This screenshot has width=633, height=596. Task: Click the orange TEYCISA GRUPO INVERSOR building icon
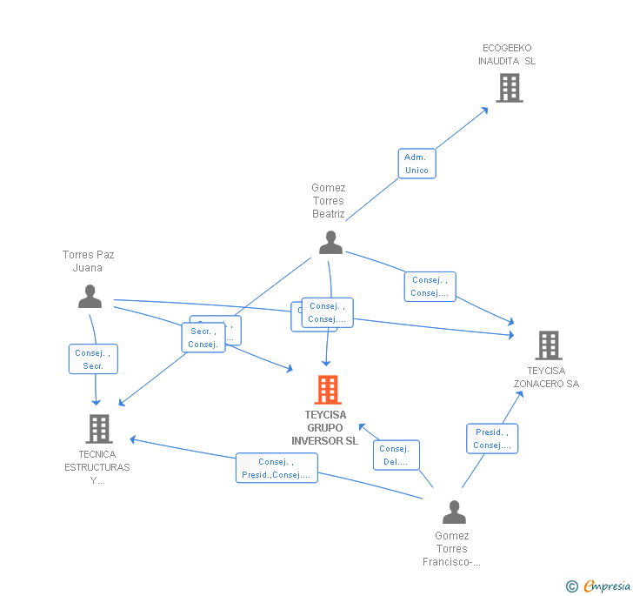coord(328,390)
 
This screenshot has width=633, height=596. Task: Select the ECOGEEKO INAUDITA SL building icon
coord(509,87)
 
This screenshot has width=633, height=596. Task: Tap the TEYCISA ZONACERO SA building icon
coord(548,345)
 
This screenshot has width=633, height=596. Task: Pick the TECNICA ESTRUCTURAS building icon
coord(99,428)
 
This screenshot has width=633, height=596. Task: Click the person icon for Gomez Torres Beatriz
coord(330,243)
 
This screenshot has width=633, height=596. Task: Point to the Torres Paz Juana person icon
coord(90,297)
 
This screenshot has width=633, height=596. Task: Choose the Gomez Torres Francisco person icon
coord(454,512)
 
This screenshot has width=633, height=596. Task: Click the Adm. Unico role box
coord(416,164)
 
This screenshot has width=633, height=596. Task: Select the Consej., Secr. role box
coord(93,359)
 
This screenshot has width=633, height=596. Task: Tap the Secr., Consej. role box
coord(203,338)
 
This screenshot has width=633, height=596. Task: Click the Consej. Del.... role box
coord(396,455)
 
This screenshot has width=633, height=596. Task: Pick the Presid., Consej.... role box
coord(491,439)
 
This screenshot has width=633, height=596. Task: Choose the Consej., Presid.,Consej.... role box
coord(277,468)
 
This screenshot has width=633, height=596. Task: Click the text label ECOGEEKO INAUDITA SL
coord(507,54)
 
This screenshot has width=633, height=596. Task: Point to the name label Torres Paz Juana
coord(88,261)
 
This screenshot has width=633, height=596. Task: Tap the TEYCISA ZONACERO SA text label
coord(546,378)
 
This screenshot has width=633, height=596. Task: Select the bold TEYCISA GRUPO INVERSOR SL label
coord(325,428)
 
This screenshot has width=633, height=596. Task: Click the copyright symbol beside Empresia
coord(572,586)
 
